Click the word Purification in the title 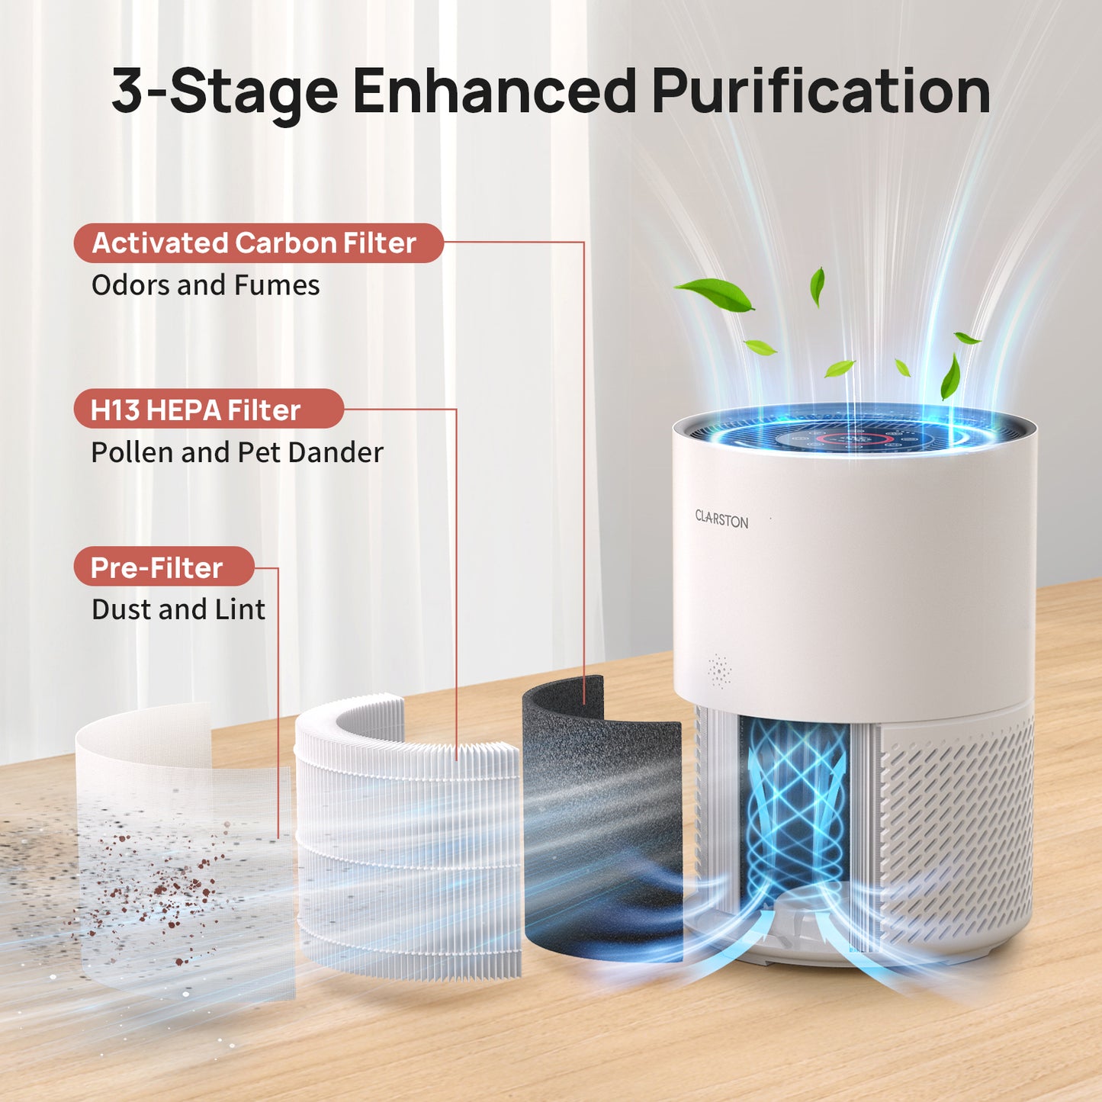821,92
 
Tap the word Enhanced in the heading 493,92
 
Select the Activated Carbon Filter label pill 258,243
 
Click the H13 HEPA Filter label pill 208,410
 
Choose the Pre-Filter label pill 163,567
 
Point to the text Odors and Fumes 205,285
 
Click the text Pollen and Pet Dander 236,452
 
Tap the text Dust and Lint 178,609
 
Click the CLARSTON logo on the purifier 721,519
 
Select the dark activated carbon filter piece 602,824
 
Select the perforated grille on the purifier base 957,831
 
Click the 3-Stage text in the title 224,92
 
